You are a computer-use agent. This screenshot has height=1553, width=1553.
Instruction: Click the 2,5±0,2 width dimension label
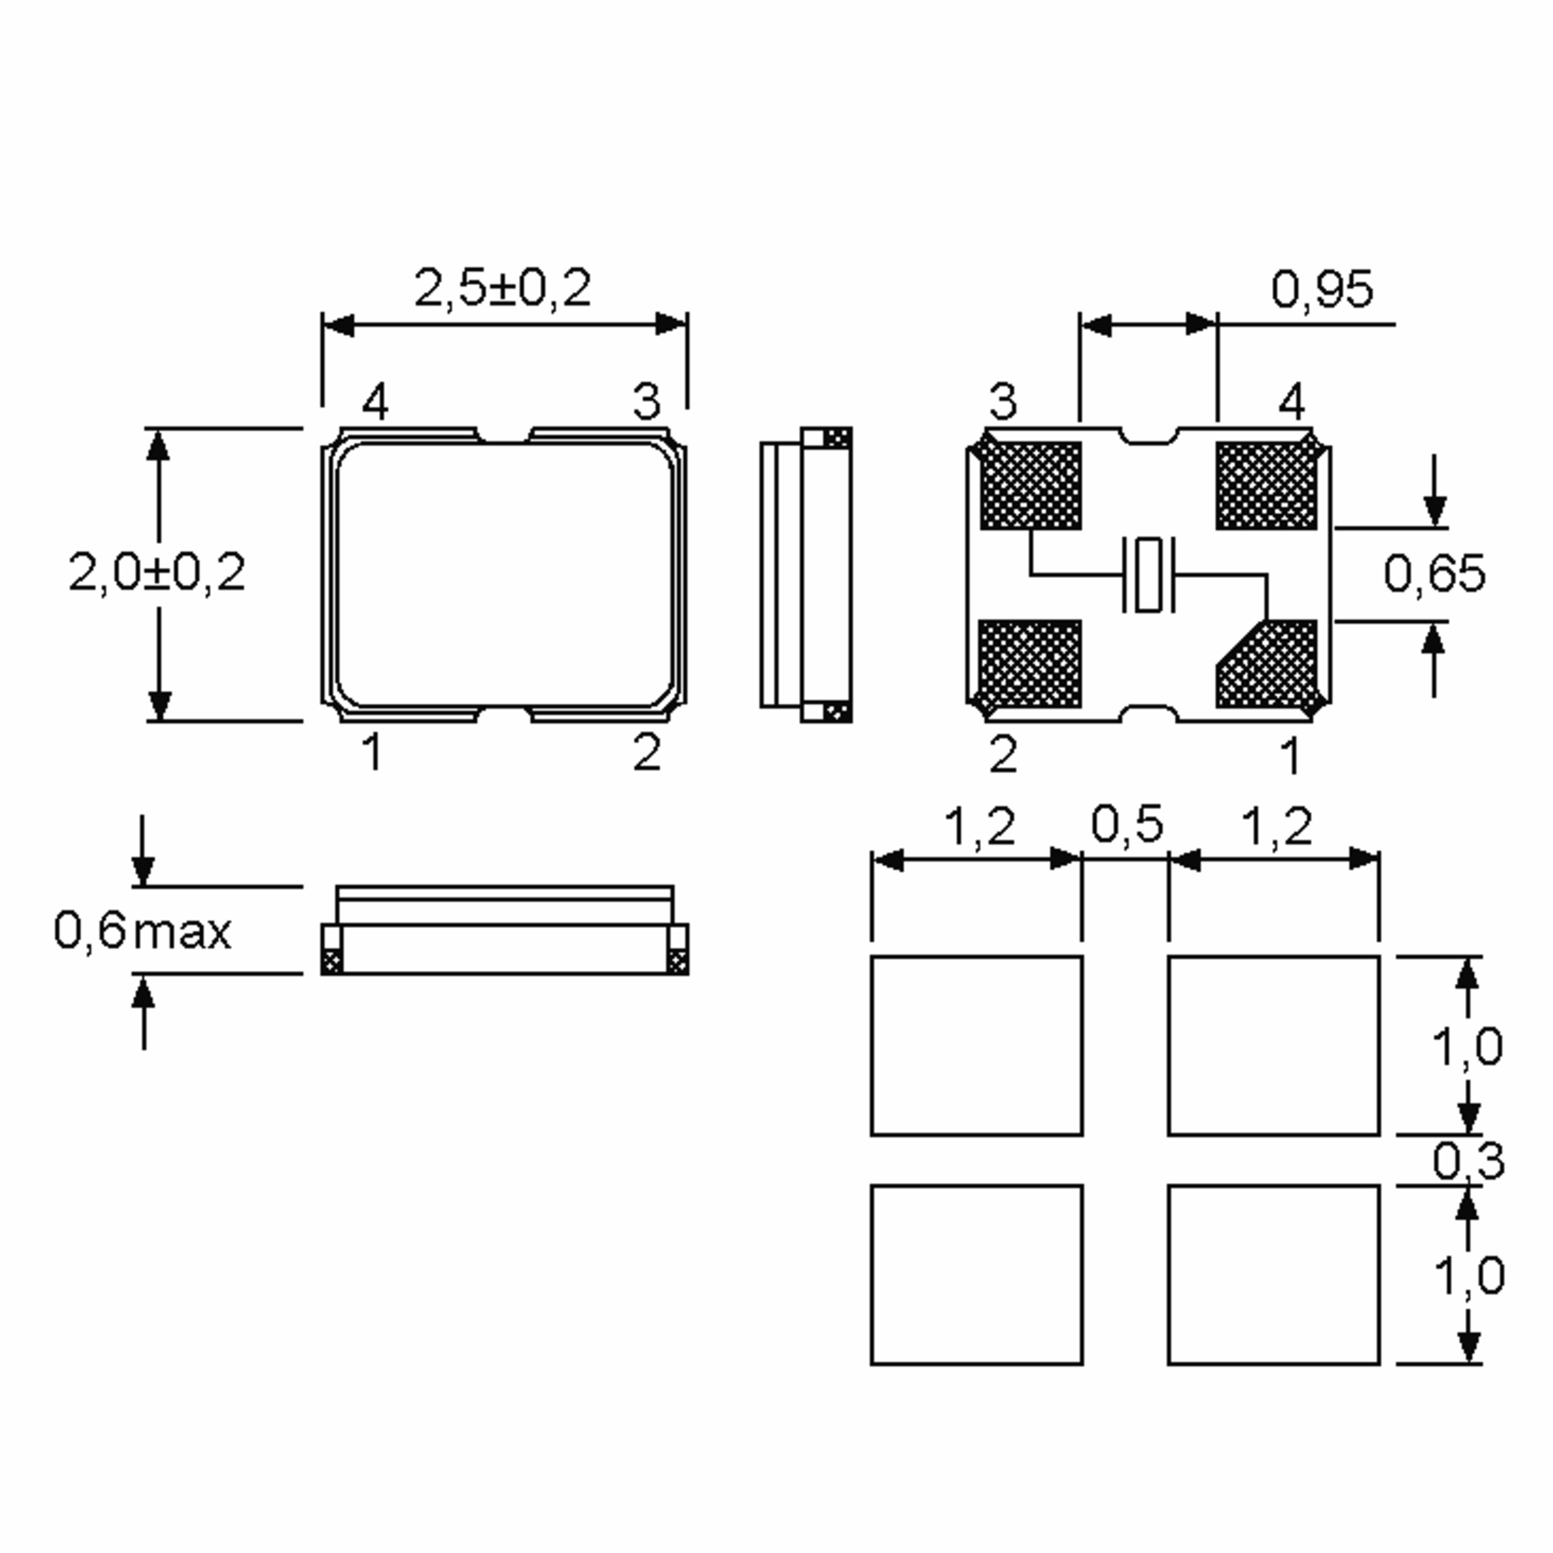(502, 289)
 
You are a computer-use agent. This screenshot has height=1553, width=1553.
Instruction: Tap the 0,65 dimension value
(1434, 574)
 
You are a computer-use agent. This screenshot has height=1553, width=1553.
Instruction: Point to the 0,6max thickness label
(142, 931)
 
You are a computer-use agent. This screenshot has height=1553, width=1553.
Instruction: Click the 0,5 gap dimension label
(1126, 826)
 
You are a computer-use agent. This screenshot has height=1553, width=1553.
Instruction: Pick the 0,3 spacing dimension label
(1468, 1160)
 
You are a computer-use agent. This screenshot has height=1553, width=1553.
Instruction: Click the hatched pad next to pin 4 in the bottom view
(1266, 485)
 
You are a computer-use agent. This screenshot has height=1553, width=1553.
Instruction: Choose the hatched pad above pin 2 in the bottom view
(1030, 664)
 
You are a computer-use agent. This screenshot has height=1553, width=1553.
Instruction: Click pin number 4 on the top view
(375, 401)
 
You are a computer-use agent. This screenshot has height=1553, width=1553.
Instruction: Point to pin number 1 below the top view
(371, 753)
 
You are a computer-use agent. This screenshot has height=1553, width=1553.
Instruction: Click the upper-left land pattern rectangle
(976, 1045)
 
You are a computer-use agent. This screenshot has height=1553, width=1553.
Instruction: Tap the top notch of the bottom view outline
(1149, 435)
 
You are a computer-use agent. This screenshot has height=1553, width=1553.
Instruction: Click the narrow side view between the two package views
(806, 574)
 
